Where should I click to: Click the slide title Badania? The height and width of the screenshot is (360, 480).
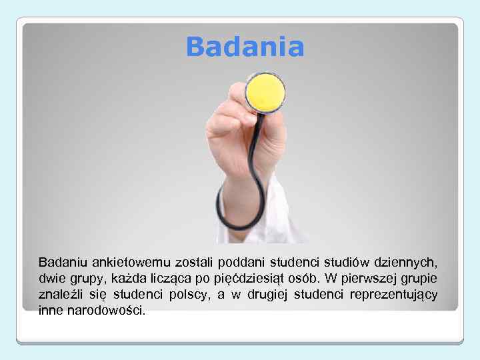(245, 47)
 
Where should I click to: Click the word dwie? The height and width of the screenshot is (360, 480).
(52, 279)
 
